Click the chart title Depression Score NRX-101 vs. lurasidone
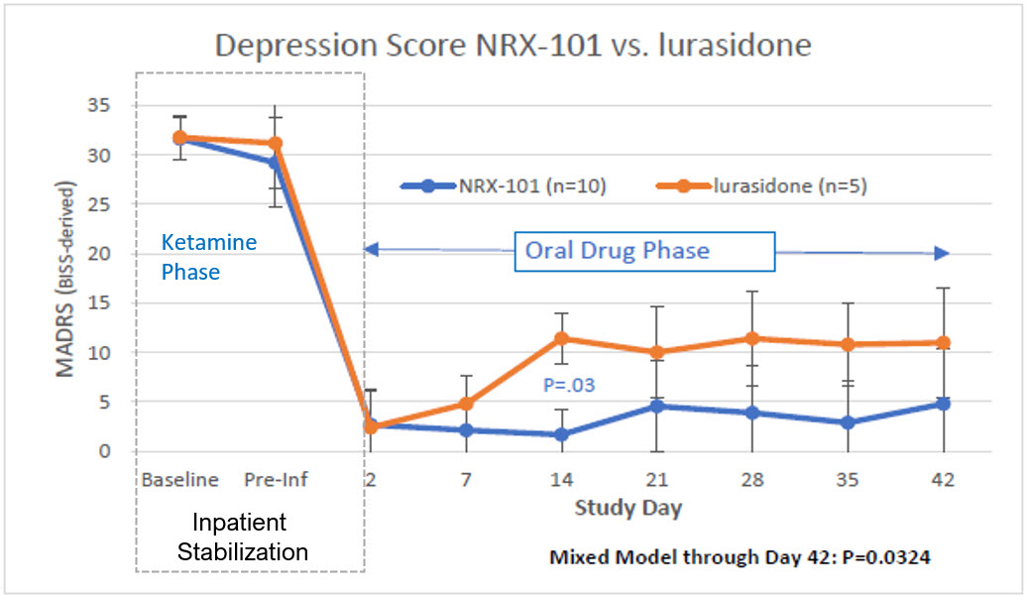click(513, 46)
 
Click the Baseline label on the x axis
click(179, 480)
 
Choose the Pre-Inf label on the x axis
click(276, 480)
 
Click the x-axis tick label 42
click(943, 480)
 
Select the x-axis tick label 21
click(657, 480)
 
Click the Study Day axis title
click(628, 508)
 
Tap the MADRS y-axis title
click(64, 280)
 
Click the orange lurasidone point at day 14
click(562, 338)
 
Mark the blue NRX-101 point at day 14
click(562, 434)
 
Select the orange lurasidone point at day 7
click(466, 404)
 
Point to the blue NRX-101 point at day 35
click(848, 422)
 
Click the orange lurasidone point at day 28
click(752, 338)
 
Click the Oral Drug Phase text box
click(645, 250)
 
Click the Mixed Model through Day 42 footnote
click(740, 557)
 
